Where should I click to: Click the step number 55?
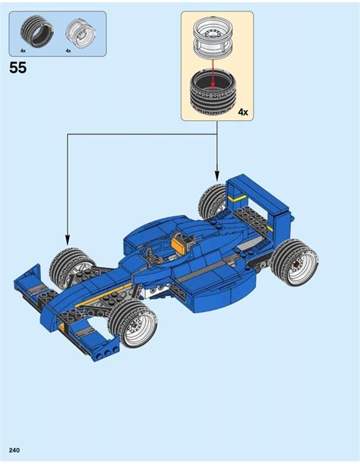click(17, 68)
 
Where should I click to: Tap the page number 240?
click(14, 450)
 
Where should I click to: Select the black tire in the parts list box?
click(37, 31)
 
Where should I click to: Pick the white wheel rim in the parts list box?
click(81, 34)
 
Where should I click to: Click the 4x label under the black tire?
click(23, 51)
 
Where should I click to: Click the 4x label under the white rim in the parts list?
click(68, 51)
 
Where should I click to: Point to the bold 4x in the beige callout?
click(243, 112)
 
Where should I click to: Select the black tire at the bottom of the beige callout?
click(212, 94)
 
